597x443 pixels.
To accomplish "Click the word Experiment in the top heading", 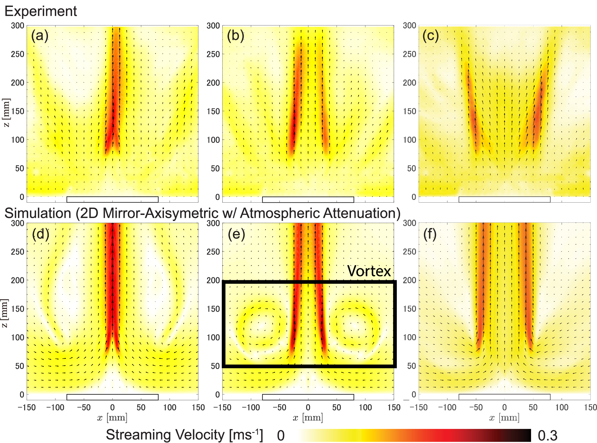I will pyautogui.click(x=41, y=11).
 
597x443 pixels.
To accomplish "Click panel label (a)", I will pyautogui.click(x=40, y=36).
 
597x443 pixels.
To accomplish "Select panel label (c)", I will pyautogui.click(x=430, y=36).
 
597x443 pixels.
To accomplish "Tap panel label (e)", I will pyautogui.click(x=236, y=234).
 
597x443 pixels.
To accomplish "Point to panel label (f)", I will pyautogui.click(x=429, y=234).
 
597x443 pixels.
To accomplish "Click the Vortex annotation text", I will pyautogui.click(x=369, y=271).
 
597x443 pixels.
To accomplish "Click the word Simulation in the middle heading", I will pyautogui.click(x=38, y=213).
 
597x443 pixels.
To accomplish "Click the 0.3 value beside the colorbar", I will pyautogui.click(x=547, y=436).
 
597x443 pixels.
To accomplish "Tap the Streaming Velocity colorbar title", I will pyautogui.click(x=184, y=435).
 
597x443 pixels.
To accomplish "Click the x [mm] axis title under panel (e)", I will pyautogui.click(x=308, y=418).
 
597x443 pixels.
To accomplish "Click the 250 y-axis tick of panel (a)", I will pyautogui.click(x=17, y=54).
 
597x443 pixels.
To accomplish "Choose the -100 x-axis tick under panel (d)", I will pyautogui.click(x=55, y=407).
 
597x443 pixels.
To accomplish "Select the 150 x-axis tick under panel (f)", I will pyautogui.click(x=590, y=407).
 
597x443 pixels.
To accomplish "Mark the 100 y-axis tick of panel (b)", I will pyautogui.click(x=213, y=140).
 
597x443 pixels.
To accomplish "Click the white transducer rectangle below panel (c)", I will pyautogui.click(x=504, y=200).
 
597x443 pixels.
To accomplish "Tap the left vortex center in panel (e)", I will pyautogui.click(x=261, y=326).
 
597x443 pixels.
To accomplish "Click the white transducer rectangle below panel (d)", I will pyautogui.click(x=112, y=397).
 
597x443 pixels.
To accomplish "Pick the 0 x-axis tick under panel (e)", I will pyautogui.click(x=308, y=407).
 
